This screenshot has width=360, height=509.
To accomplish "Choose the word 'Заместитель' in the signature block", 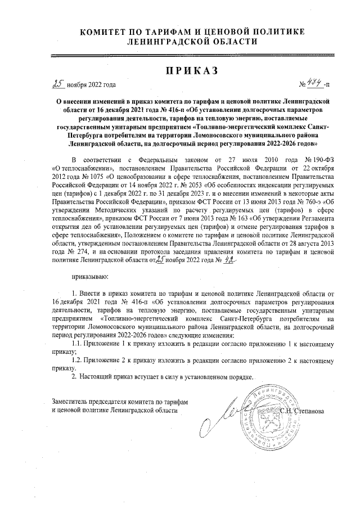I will tap(70, 402).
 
